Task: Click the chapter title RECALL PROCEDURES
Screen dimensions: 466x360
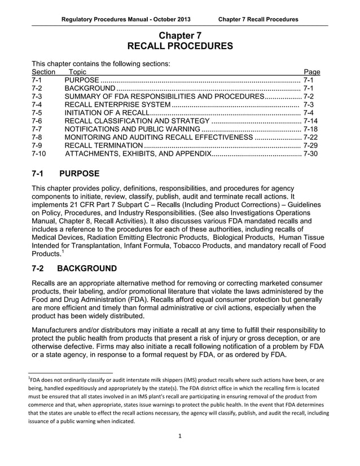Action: click(179, 46)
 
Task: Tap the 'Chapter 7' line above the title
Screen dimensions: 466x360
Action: click(179, 35)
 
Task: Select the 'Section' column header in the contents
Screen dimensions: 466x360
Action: click(43, 72)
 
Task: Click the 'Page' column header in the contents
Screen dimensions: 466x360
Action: click(311, 72)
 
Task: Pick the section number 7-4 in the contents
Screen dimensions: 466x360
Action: click(38, 104)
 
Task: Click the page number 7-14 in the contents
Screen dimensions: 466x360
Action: click(310, 121)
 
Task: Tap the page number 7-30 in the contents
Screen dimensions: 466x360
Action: click(310, 153)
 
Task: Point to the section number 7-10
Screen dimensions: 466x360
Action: click(39, 153)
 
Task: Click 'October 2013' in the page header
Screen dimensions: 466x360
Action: click(170, 19)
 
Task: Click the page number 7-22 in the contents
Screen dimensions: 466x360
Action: click(310, 137)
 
